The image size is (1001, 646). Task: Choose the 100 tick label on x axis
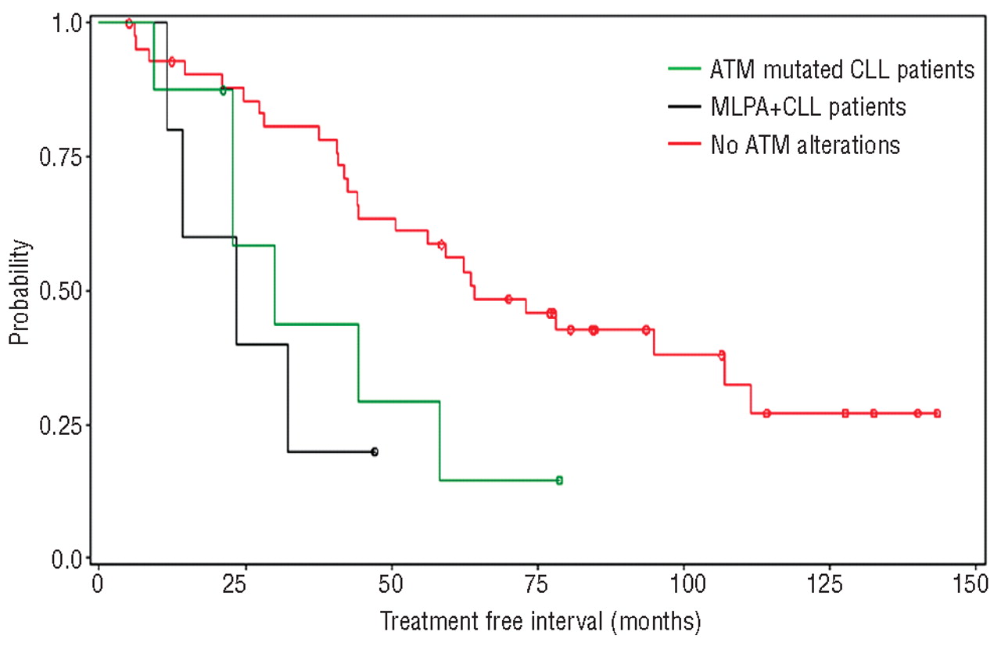(x=683, y=584)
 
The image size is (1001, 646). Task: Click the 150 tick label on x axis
(x=976, y=584)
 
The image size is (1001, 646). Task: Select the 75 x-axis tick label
(x=537, y=584)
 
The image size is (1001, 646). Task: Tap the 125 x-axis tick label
(x=830, y=584)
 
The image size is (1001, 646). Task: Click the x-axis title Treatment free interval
(x=540, y=623)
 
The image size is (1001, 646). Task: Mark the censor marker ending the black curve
(x=375, y=452)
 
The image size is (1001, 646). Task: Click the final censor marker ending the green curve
(x=559, y=480)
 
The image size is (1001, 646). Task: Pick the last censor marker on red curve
(x=937, y=414)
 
